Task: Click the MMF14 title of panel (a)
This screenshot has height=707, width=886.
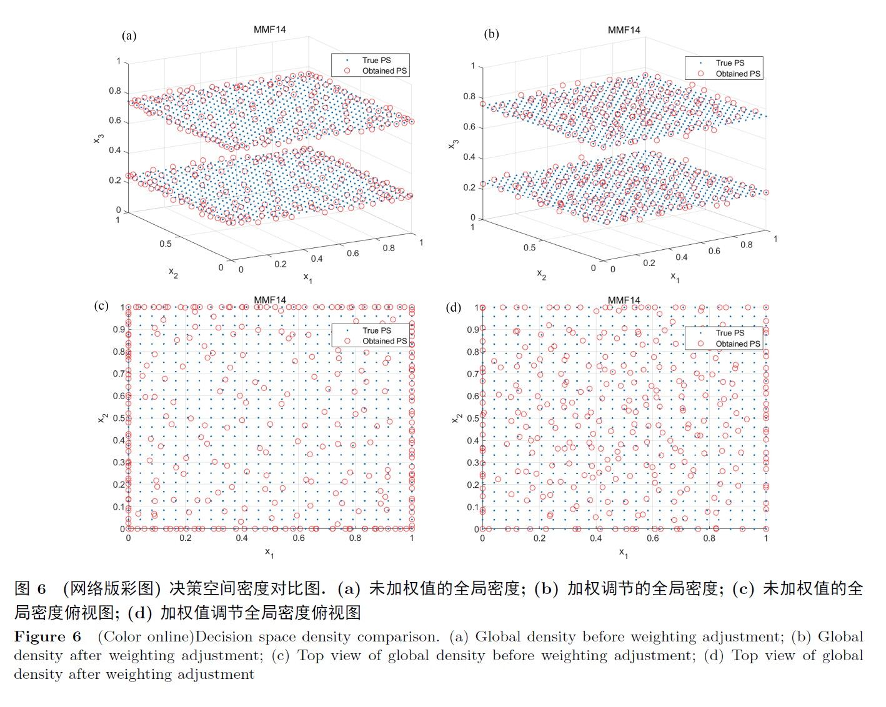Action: click(x=270, y=29)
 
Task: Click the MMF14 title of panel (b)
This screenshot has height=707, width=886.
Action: click(x=624, y=30)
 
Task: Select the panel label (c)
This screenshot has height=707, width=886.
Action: click(x=102, y=305)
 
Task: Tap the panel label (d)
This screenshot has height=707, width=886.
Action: click(x=454, y=307)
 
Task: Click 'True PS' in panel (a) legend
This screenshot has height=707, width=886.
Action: click(x=376, y=60)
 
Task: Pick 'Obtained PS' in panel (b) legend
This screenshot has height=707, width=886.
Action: click(x=738, y=74)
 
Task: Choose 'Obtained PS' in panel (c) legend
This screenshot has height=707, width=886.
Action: click(x=384, y=341)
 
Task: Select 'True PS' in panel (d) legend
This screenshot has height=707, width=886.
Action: click(x=730, y=333)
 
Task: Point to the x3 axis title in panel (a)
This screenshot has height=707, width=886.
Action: click(x=98, y=139)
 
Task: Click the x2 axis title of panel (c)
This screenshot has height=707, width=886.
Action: click(x=102, y=417)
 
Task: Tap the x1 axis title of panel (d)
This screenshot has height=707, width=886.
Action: click(x=623, y=553)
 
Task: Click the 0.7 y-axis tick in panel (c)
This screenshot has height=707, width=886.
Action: click(x=118, y=374)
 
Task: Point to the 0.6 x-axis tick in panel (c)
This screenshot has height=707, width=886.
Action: click(x=299, y=538)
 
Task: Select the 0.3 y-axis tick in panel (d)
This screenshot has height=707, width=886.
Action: click(x=472, y=463)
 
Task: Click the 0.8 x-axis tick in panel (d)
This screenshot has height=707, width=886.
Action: click(x=709, y=538)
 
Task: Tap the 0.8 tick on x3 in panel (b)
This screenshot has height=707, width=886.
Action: click(x=469, y=96)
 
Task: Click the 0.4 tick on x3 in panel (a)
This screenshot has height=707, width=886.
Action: click(x=114, y=151)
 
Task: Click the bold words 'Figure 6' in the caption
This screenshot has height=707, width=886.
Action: click(x=47, y=637)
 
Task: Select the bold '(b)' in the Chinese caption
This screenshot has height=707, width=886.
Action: click(x=546, y=588)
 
